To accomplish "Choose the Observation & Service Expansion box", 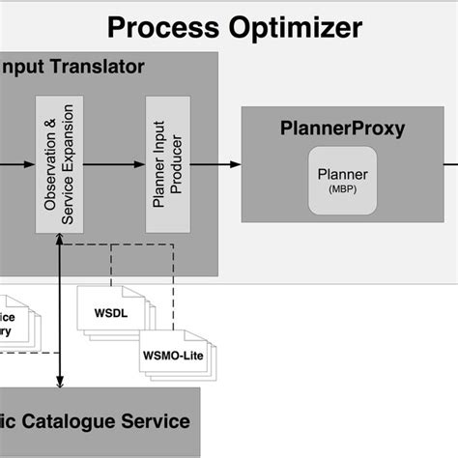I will (x=60, y=163).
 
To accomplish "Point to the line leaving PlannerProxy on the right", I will (x=448, y=163).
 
